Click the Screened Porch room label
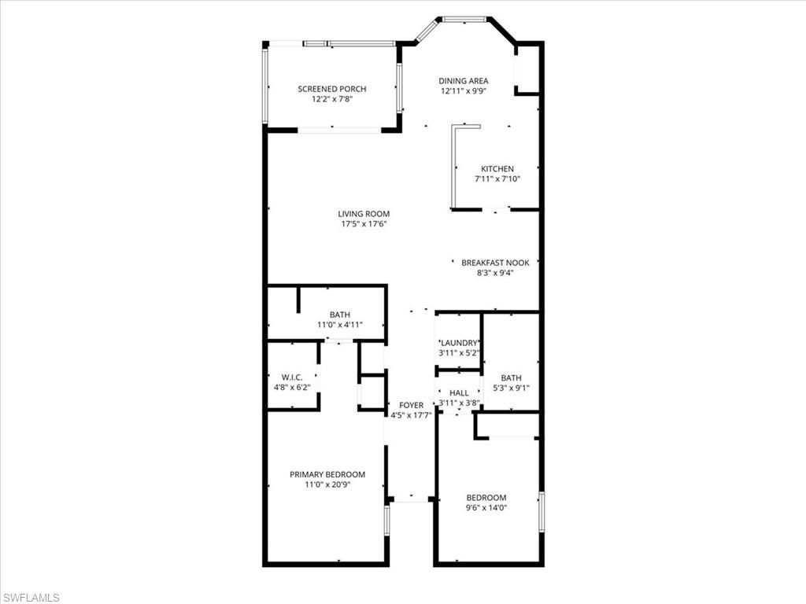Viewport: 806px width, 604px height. coord(331,89)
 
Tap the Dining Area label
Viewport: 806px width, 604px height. coord(464,80)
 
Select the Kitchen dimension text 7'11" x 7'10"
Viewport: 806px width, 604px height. coord(497,179)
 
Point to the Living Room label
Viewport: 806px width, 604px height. coord(364,214)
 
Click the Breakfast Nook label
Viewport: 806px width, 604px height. coord(495,263)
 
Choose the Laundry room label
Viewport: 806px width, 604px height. coord(459,343)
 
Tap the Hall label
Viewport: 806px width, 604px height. coord(459,392)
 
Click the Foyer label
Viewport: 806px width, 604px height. coord(411,405)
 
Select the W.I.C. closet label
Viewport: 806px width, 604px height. coord(292,377)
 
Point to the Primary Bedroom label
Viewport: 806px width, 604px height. coord(327,474)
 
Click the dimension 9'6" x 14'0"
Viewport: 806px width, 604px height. coord(486,508)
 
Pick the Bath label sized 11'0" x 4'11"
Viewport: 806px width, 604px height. coord(340,315)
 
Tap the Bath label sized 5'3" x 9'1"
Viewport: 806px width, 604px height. coord(511,377)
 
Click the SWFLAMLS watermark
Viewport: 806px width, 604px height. coord(31,598)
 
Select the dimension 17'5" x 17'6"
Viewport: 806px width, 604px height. coord(364,224)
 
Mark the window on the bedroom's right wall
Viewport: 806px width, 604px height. coord(541,513)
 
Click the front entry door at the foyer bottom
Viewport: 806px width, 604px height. coord(410,499)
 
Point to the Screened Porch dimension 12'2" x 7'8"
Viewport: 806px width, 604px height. coord(331,99)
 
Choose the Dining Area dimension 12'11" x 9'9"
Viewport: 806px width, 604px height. coord(464,90)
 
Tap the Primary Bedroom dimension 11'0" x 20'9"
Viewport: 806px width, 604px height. coord(327,484)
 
